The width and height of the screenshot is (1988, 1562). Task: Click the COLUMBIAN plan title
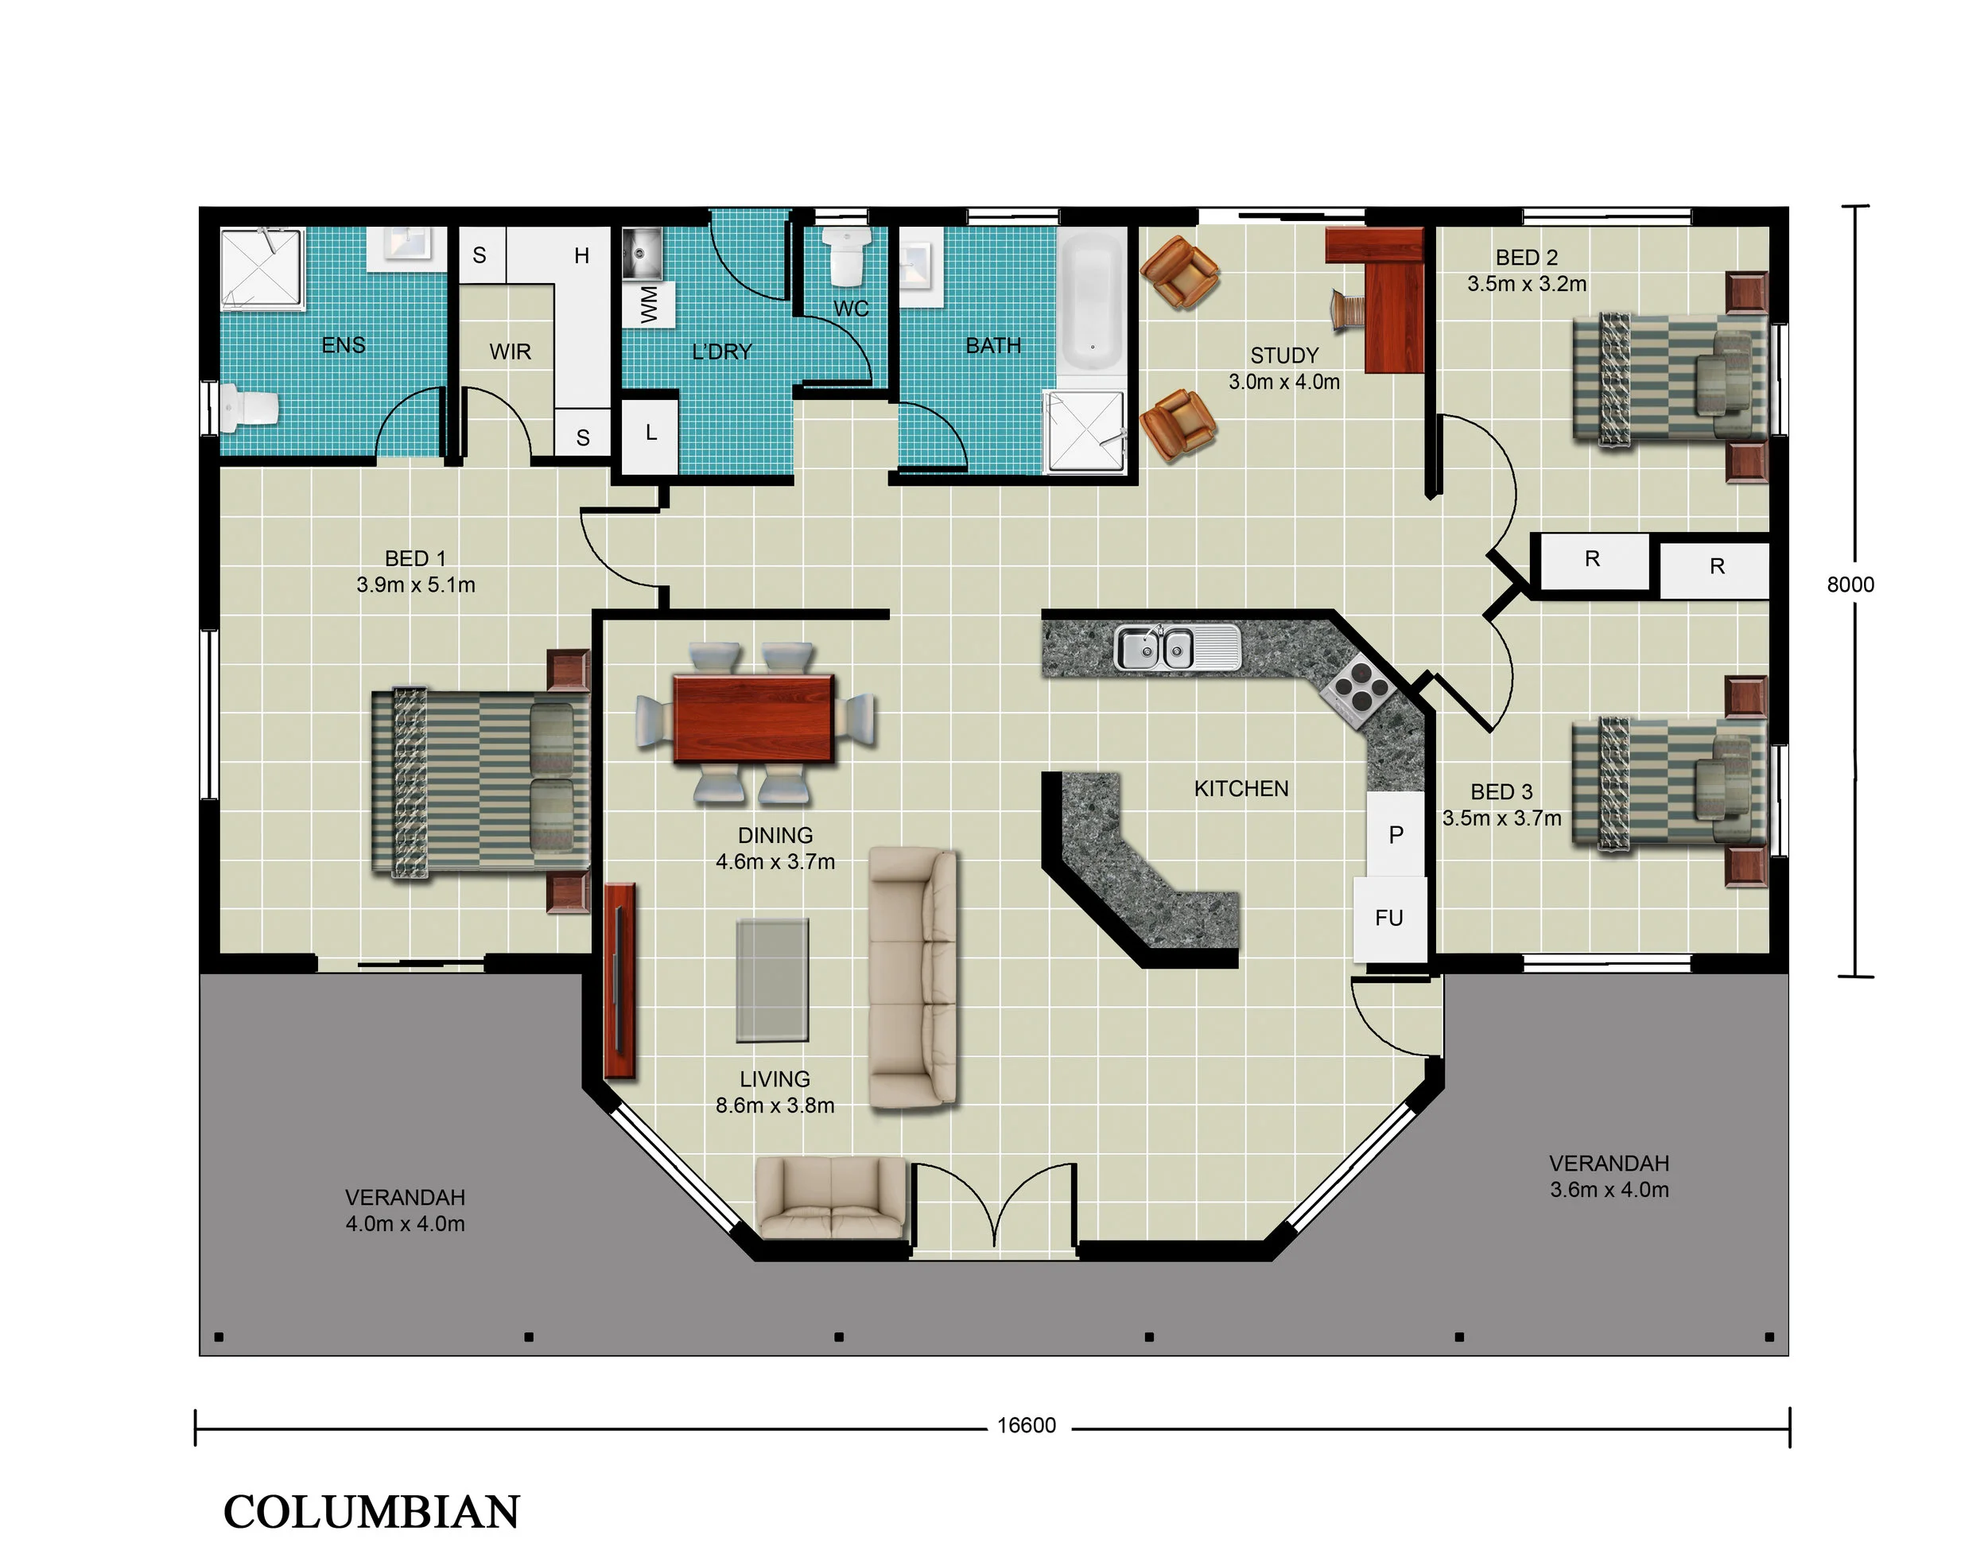tap(371, 1513)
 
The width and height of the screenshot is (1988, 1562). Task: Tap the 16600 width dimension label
tap(1026, 1426)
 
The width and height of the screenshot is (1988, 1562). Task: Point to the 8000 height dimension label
tap(1850, 585)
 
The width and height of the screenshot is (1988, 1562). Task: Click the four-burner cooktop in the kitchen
tap(1357, 688)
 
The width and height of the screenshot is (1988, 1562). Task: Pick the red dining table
tap(754, 719)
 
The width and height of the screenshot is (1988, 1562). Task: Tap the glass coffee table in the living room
tap(773, 981)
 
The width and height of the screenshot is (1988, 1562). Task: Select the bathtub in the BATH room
tap(1092, 301)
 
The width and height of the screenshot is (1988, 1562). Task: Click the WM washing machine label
tap(648, 305)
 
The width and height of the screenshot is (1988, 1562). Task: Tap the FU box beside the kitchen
tap(1389, 918)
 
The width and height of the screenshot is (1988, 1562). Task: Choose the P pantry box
tap(1396, 834)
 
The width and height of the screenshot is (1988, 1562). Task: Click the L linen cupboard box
tap(650, 434)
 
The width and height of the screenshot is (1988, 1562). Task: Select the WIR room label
tap(510, 352)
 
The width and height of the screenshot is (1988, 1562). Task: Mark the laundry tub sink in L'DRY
tap(643, 254)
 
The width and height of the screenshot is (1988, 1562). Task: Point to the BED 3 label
tap(1501, 792)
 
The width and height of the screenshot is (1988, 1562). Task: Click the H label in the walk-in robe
tap(581, 256)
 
